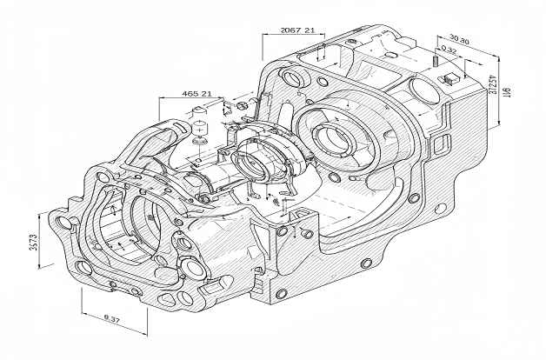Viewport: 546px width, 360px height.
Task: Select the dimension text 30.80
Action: click(458, 40)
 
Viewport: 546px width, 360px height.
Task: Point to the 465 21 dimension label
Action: click(196, 93)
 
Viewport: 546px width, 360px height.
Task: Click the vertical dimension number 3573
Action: click(33, 243)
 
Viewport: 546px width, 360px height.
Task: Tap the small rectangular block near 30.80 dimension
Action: click(450, 78)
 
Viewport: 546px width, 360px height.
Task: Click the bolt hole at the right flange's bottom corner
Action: click(365, 262)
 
